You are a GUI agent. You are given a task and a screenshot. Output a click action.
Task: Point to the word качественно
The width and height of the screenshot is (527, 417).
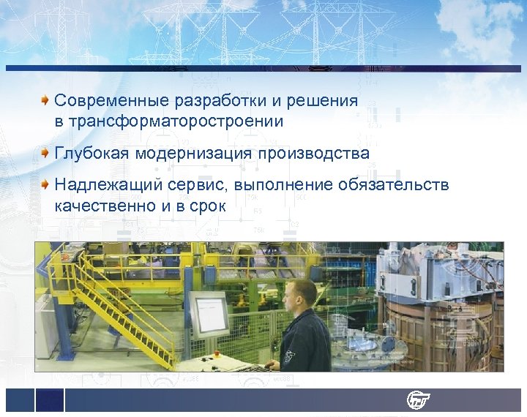point(103,206)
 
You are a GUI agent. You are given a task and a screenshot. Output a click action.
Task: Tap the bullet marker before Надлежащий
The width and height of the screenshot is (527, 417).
point(46,184)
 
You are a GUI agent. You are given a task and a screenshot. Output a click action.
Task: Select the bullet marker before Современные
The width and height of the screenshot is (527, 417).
point(46,99)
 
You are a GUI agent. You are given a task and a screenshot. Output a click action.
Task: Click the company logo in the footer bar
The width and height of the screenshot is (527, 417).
point(419,400)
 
